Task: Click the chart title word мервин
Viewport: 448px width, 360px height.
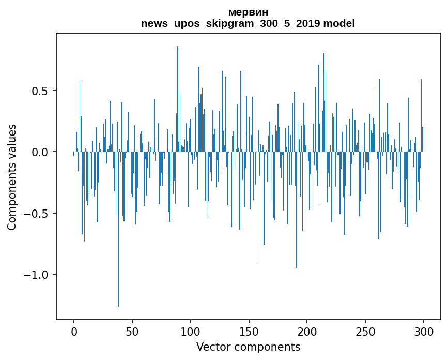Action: pos(248,12)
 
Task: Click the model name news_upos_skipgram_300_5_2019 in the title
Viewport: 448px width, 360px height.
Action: pos(230,23)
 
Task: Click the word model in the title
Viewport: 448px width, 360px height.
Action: pos(339,23)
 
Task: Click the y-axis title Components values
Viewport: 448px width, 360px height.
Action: pos(12,177)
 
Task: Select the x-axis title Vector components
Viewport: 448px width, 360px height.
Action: pos(248,347)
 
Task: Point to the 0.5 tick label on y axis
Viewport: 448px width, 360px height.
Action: pos(40,91)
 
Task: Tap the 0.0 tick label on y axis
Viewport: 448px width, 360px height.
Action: pos(40,152)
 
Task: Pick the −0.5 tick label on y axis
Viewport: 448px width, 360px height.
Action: pos(36,213)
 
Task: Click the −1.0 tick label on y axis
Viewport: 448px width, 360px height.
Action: pos(36,275)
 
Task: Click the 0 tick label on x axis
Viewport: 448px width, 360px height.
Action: pos(74,332)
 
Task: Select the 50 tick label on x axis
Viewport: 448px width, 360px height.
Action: pos(132,332)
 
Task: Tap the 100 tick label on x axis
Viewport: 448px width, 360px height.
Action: pos(191,332)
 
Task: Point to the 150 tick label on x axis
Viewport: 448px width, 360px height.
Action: pos(249,332)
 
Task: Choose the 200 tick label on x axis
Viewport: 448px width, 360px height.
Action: pos(307,332)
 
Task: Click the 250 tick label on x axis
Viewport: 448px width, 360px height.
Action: pos(365,332)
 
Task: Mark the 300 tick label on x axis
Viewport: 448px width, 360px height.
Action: pos(424,332)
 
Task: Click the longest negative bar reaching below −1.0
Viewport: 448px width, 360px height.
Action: pos(118,229)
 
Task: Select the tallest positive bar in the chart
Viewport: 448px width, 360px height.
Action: pos(178,99)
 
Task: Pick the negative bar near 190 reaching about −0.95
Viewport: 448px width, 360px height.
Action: pos(297,209)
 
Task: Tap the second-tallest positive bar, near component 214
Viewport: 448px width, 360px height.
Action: pos(323,102)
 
